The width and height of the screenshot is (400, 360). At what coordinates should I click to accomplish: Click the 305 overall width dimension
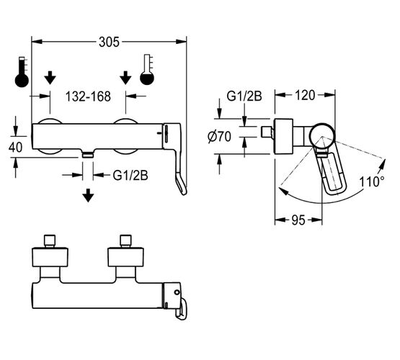[109, 42]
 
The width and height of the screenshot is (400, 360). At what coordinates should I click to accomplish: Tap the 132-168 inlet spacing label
[88, 96]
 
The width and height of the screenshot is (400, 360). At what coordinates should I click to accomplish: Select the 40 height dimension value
[15, 148]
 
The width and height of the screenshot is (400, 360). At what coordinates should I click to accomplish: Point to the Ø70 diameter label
[219, 137]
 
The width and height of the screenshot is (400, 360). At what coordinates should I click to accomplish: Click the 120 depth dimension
[305, 95]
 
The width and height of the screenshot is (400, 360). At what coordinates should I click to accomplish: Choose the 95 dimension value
[298, 220]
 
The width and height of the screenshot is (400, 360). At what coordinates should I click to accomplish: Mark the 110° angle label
[372, 181]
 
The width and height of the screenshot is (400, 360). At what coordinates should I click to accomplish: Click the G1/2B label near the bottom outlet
[130, 175]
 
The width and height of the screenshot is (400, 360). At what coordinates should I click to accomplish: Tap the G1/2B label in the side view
[244, 96]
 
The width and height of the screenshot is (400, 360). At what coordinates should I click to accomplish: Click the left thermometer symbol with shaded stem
[22, 72]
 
